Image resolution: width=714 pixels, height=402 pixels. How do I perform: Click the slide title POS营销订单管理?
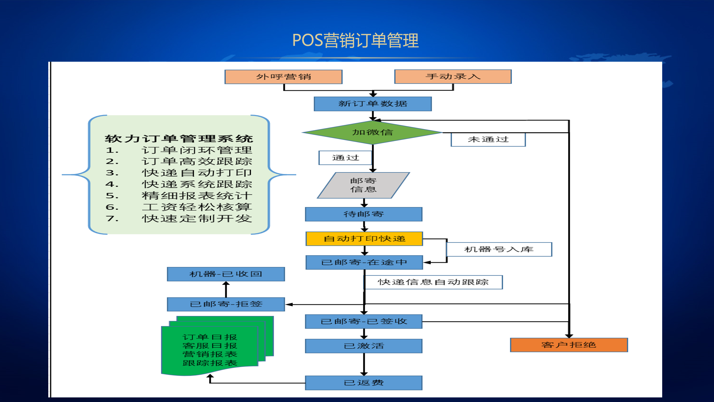(x=355, y=40)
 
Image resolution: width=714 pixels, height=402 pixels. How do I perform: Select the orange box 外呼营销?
(x=283, y=77)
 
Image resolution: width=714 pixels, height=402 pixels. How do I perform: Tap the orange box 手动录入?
(x=453, y=76)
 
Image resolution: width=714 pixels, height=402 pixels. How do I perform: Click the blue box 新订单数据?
(x=373, y=104)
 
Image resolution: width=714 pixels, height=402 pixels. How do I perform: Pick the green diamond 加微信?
(x=373, y=132)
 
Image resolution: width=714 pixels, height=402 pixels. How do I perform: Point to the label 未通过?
(x=488, y=139)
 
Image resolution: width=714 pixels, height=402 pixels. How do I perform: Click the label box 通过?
(x=345, y=158)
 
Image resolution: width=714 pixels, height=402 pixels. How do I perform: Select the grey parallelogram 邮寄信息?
(x=363, y=185)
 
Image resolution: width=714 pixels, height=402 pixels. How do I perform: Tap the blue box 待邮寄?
(x=363, y=214)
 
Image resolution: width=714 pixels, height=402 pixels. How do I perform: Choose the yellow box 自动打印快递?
(x=364, y=239)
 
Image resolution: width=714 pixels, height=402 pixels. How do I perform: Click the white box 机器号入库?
(x=499, y=249)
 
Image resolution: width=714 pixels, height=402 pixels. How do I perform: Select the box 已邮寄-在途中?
(x=364, y=262)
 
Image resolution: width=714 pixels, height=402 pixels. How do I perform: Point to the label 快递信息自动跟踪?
(x=433, y=282)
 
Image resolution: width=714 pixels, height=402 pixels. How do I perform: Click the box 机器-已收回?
(x=226, y=274)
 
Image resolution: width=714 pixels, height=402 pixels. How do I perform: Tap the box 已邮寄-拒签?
(x=226, y=304)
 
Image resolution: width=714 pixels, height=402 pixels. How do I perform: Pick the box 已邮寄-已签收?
(x=363, y=322)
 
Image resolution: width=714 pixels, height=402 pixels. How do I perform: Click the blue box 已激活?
(x=363, y=346)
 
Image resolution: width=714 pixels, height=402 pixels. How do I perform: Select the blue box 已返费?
(x=363, y=383)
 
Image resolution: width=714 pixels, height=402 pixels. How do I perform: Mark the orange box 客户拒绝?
(x=569, y=345)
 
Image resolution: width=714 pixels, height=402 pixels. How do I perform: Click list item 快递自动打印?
(x=197, y=173)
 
